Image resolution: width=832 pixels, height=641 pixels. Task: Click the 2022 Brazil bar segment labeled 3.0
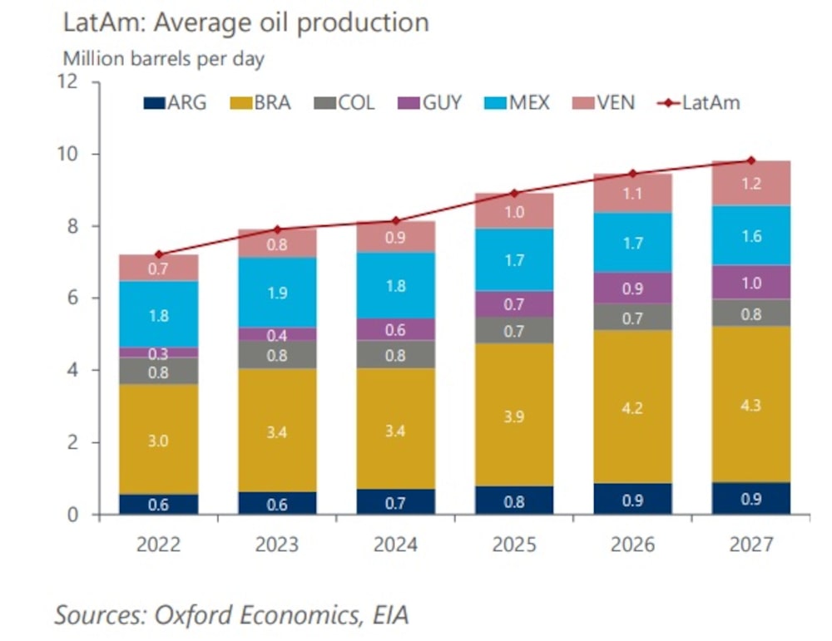pyautogui.click(x=159, y=440)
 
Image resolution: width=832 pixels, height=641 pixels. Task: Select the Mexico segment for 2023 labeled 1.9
pyautogui.click(x=277, y=292)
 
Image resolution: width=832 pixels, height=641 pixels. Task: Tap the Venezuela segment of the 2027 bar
pyautogui.click(x=751, y=184)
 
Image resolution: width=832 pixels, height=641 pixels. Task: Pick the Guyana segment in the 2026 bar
pyautogui.click(x=633, y=288)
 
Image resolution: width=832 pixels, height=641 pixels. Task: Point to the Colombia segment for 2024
pyautogui.click(x=395, y=354)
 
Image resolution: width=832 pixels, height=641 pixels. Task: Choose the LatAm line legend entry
pyautogui.click(x=699, y=103)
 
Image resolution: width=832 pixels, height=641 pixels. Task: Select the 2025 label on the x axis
pyautogui.click(x=514, y=545)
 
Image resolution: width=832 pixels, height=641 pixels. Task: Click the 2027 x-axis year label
pyautogui.click(x=751, y=545)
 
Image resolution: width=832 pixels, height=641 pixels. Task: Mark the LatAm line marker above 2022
pyautogui.click(x=159, y=254)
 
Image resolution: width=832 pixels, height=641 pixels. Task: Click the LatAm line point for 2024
pyautogui.click(x=395, y=220)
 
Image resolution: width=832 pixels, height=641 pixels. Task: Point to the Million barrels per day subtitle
pyautogui.click(x=164, y=59)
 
